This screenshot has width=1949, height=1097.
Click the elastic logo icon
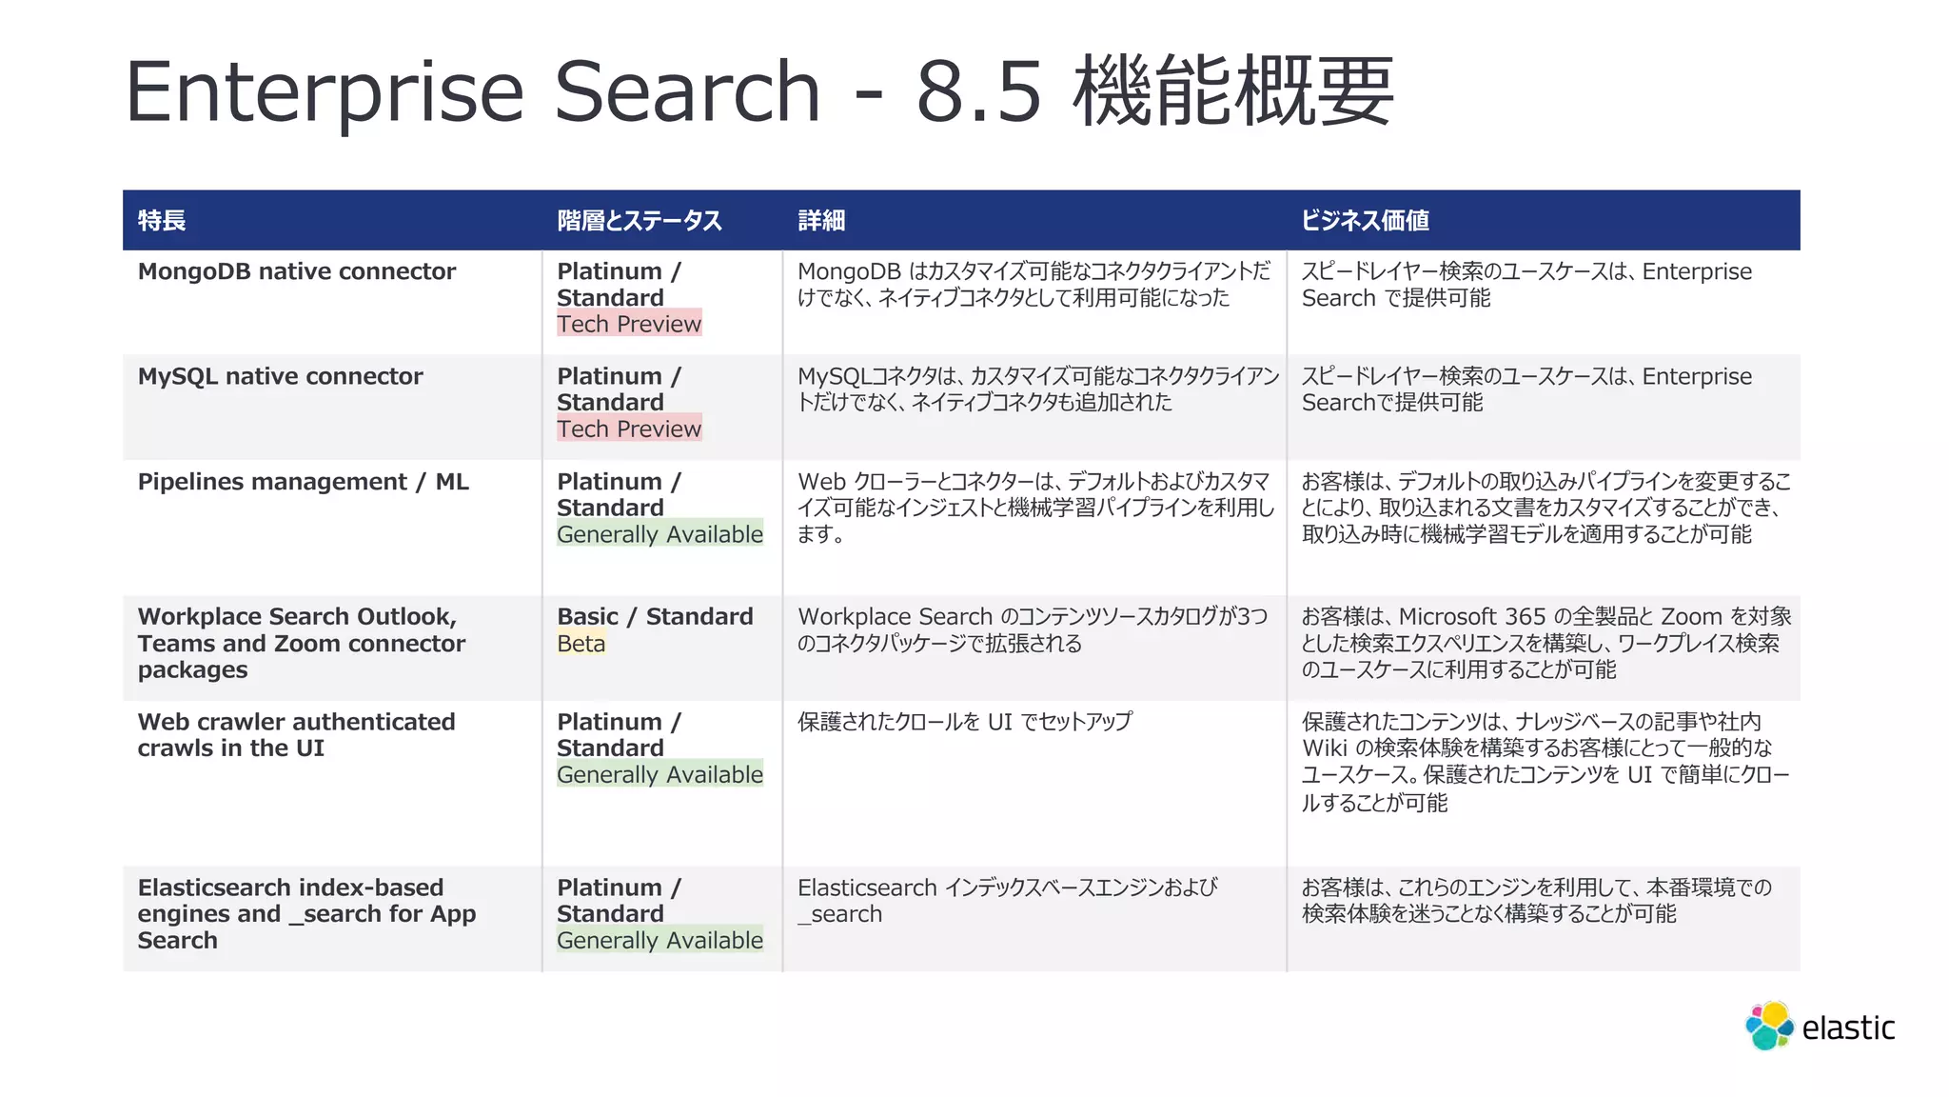[1769, 1027]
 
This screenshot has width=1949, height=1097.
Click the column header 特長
[162, 221]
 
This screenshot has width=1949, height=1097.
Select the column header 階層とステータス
[640, 221]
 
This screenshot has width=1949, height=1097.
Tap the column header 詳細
[821, 221]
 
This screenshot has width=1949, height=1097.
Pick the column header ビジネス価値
[1365, 221]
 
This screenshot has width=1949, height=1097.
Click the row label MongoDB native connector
[297, 271]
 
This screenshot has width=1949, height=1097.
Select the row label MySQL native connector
[280, 376]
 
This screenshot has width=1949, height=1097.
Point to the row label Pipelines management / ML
[304, 482]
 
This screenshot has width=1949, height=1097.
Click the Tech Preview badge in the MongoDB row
[629, 324]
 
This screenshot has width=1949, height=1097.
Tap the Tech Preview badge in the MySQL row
[629, 429]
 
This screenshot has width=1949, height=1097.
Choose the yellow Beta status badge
[581, 644]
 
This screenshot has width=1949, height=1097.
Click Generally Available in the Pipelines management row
[660, 534]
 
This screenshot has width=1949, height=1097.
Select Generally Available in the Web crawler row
[660, 774]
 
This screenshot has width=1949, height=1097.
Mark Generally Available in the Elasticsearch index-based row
[660, 940]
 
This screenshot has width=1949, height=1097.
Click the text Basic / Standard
[655, 617]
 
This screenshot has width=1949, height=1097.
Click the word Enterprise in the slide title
[325, 92]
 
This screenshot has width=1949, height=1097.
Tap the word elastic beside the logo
[1848, 1028]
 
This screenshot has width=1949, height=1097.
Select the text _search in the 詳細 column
[840, 914]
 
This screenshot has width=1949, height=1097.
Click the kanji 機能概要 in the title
[1233, 92]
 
